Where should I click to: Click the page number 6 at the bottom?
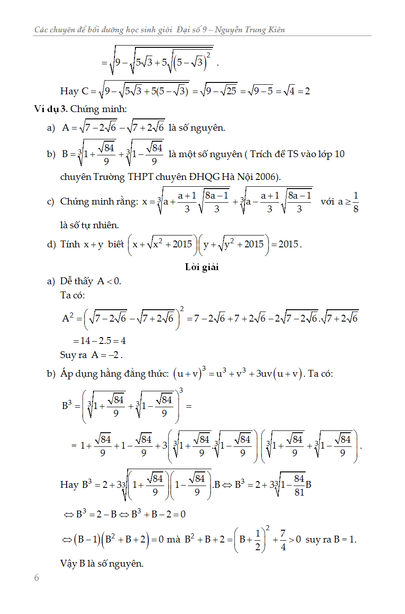pyautogui.click(x=36, y=578)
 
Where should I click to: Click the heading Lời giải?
pyautogui.click(x=202, y=267)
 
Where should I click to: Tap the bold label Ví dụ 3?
pyautogui.click(x=51, y=109)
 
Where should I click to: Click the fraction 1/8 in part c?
pyautogui.click(x=356, y=202)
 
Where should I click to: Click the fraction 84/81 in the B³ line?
pyautogui.click(x=299, y=485)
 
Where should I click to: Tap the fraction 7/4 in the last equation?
pyautogui.click(x=283, y=540)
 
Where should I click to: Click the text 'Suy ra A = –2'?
pyautogui.click(x=92, y=355)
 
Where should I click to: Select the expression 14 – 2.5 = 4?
pyautogui.click(x=99, y=340)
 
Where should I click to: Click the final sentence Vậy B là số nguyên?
pyautogui.click(x=102, y=563)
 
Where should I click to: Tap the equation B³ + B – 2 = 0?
pyautogui.click(x=158, y=514)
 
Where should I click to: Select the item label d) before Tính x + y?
pyautogui.click(x=51, y=245)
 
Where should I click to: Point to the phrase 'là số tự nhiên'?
pyautogui.click(x=89, y=225)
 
